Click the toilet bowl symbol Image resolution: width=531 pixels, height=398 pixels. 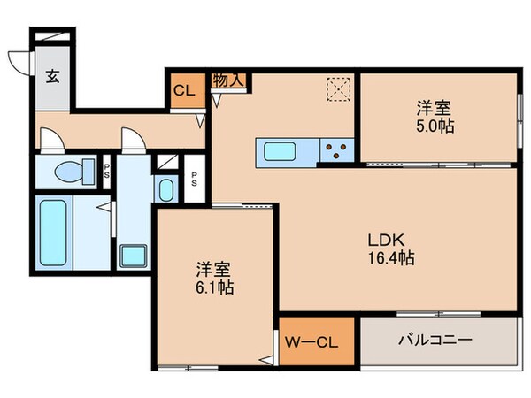pyautogui.click(x=67, y=172)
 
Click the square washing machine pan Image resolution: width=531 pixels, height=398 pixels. pyautogui.click(x=134, y=255)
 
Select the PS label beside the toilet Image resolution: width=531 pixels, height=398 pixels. pyautogui.click(x=106, y=171)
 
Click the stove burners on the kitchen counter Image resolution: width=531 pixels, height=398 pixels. pyautogui.click(x=336, y=151)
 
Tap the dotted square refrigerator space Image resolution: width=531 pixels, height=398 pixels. pyautogui.click(x=337, y=90)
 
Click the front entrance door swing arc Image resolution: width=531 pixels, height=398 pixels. pyautogui.click(x=19, y=60)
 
